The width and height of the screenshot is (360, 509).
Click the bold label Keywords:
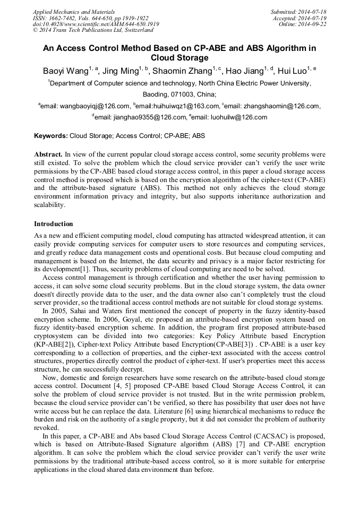51,136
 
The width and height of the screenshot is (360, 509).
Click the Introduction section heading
54,224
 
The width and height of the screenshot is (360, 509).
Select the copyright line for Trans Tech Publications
85,30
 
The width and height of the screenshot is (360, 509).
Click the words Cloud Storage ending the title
179,58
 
